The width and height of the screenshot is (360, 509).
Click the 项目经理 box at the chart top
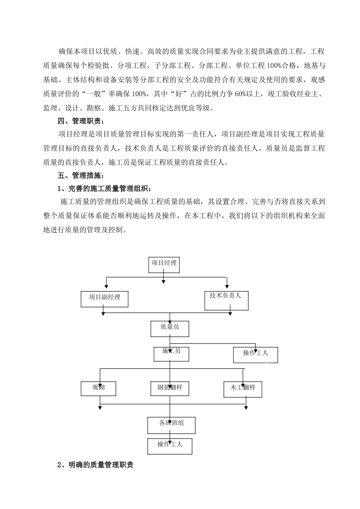pyautogui.click(x=163, y=265)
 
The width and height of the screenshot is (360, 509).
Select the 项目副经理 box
pyautogui.click(x=104, y=299)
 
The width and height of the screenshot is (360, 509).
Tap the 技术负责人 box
pyautogui.click(x=226, y=300)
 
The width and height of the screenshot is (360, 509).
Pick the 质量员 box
pyautogui.click(x=170, y=328)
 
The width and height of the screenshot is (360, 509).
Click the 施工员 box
pyautogui.click(x=171, y=353)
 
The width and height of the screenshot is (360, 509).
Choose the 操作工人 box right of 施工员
pyautogui.click(x=255, y=355)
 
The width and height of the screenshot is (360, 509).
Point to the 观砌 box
pyautogui.click(x=99, y=389)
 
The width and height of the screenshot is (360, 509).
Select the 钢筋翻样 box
pyautogui.click(x=170, y=389)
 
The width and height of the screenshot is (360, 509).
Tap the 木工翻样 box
pyautogui.click(x=243, y=389)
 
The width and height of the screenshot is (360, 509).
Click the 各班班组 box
pyautogui.click(x=171, y=425)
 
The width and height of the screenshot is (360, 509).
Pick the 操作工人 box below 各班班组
pyautogui.click(x=170, y=446)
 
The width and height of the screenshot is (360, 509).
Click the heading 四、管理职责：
pyautogui.click(x=80, y=121)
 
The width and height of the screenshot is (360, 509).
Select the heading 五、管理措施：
pyautogui.click(x=80, y=176)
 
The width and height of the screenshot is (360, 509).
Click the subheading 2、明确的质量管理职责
pyautogui.click(x=95, y=465)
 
